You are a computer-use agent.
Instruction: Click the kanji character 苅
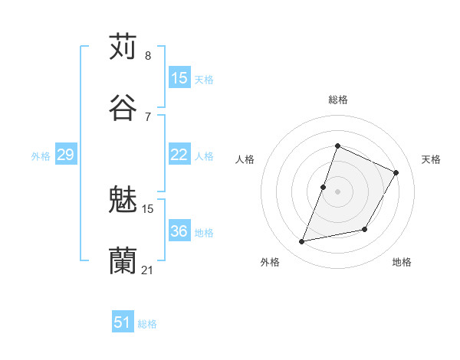point(123,47)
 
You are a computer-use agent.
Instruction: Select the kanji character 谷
point(123,106)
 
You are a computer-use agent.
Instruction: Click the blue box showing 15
point(179,77)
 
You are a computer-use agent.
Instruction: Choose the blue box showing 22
point(179,155)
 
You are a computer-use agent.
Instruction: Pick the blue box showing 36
point(179,231)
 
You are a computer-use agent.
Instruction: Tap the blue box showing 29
point(65,155)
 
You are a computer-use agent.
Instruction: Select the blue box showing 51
point(122,322)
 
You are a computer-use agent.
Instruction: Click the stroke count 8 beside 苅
point(148,56)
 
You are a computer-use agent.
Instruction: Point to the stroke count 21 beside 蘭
point(148,269)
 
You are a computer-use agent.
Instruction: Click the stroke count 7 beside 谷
point(148,116)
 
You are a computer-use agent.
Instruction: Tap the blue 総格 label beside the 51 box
point(147,324)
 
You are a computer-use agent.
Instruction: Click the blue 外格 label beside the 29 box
point(41,155)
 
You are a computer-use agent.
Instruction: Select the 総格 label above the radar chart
point(337,100)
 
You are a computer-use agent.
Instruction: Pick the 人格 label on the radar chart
point(245,159)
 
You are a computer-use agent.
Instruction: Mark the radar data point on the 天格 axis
point(396,172)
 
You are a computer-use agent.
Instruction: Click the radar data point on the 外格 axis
point(302,242)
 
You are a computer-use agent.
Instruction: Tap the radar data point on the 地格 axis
point(365,230)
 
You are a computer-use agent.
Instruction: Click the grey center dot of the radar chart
point(337,191)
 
